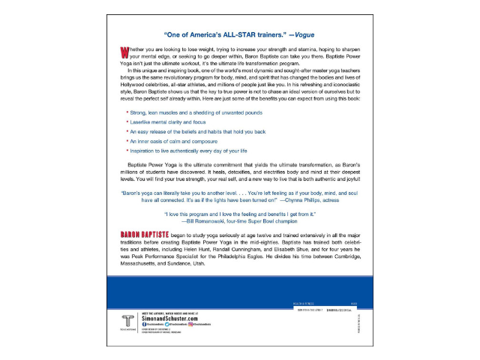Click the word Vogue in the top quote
(x=302, y=34)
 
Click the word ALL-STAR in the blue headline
(x=233, y=34)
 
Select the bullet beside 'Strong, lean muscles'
(x=127, y=112)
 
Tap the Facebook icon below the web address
(x=142, y=324)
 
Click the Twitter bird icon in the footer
(x=169, y=324)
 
